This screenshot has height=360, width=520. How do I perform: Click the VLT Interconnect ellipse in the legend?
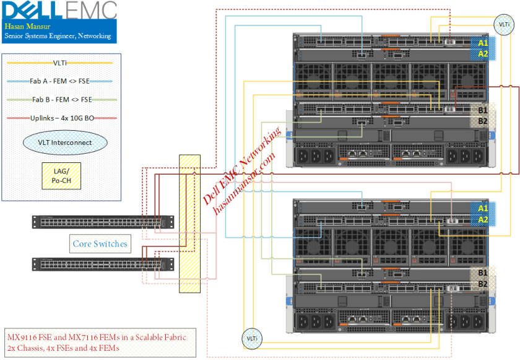65,143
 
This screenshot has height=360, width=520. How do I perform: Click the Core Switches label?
100,244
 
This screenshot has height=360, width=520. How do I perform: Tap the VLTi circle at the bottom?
252,338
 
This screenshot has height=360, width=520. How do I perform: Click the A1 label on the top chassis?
483,43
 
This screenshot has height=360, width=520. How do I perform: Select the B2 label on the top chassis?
483,121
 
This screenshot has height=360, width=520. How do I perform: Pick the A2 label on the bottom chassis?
483,219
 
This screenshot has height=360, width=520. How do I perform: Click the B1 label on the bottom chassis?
483,271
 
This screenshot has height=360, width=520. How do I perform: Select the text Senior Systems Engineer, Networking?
58,37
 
